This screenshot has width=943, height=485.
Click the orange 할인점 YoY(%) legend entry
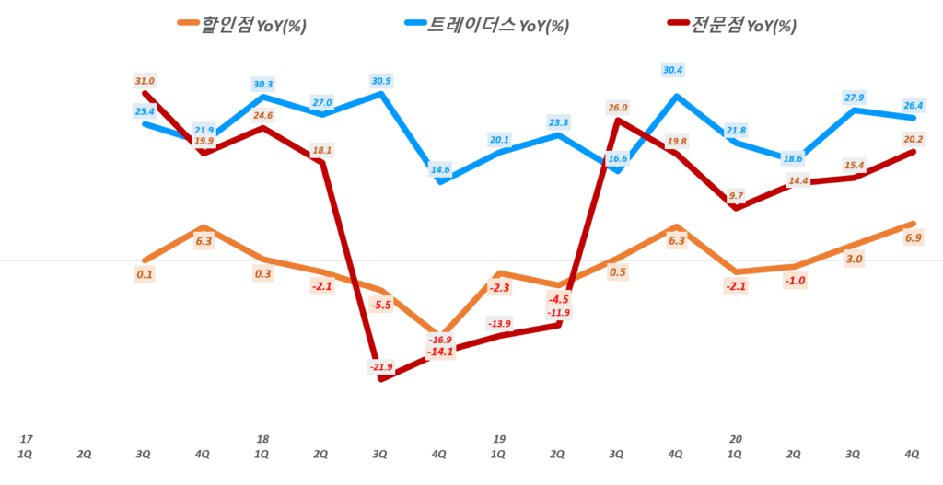click(242, 26)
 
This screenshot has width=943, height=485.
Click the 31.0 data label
click(145, 81)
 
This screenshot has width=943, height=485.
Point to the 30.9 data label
click(380, 81)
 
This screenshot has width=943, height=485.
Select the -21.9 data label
click(380, 367)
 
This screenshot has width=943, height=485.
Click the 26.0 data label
click(617, 108)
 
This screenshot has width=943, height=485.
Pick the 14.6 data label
click(440, 169)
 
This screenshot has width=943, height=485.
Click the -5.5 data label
click(380, 305)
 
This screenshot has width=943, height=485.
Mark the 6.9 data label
click(914, 238)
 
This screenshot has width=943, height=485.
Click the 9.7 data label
click(735, 196)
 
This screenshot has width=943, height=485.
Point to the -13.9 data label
click(499, 324)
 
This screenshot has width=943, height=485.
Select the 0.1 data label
click(145, 274)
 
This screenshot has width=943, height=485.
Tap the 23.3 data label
click(557, 121)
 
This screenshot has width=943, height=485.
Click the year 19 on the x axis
click(498, 439)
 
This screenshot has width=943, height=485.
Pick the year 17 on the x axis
click(26, 439)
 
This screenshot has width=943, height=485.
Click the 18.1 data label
click(321, 150)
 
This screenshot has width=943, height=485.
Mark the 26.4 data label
click(912, 105)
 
